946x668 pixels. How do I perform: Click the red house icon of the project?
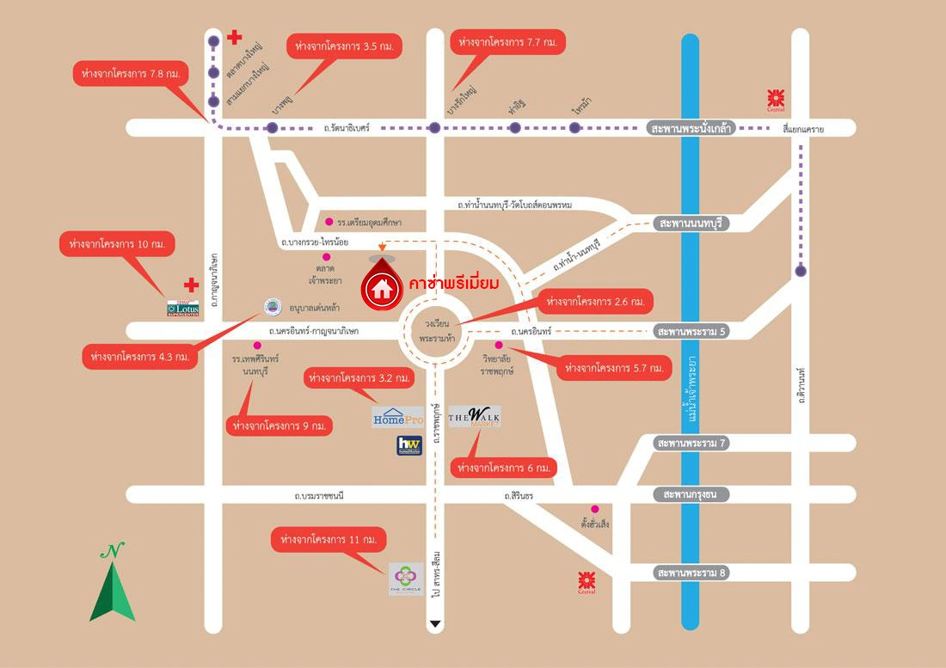pyautogui.click(x=381, y=287)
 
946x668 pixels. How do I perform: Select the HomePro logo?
pyautogui.click(x=397, y=417)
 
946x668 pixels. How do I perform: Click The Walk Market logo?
pyautogui.click(x=474, y=418)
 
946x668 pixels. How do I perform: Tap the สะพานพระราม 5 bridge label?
pyautogui.click(x=691, y=331)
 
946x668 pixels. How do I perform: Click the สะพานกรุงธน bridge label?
pyautogui.click(x=691, y=494)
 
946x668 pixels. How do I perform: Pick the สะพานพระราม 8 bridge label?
pyautogui.click(x=691, y=573)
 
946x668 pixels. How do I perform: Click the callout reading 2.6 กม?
pyautogui.click(x=593, y=302)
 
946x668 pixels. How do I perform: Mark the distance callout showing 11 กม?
pyautogui.click(x=329, y=541)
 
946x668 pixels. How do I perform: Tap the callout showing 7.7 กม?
pyautogui.click(x=507, y=41)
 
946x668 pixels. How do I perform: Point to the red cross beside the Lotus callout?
pyautogui.click(x=192, y=284)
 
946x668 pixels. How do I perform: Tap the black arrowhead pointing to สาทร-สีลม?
pyautogui.click(x=436, y=624)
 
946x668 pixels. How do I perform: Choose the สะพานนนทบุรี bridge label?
pyautogui.click(x=691, y=224)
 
